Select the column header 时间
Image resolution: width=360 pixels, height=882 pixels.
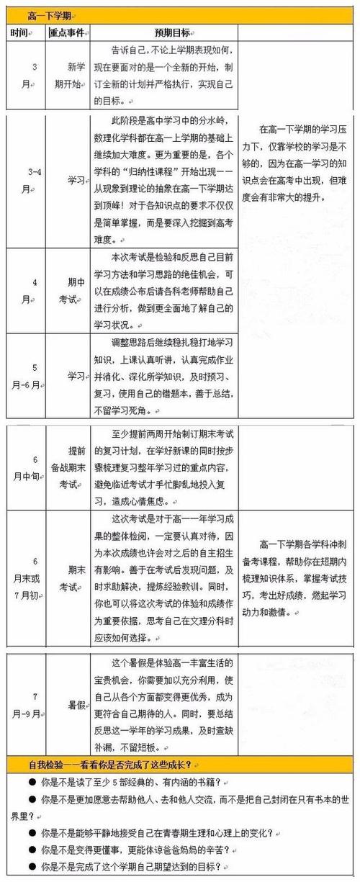click(20, 33)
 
